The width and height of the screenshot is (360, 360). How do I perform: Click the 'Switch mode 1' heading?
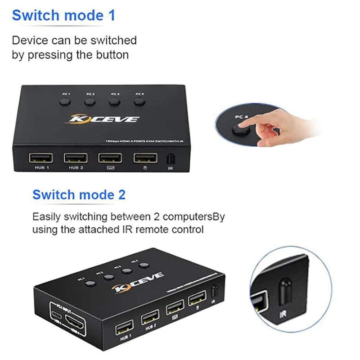click(x=63, y=15)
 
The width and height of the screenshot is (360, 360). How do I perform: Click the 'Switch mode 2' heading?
click(x=79, y=195)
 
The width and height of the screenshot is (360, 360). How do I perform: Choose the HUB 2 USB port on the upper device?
click(x=75, y=158)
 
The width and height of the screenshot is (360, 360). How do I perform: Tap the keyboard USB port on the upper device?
click(x=110, y=158)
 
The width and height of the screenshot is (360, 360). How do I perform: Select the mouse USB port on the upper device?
click(x=145, y=158)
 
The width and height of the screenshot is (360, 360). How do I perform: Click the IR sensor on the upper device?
click(x=171, y=159)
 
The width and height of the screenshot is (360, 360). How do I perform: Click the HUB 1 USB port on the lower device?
click(x=124, y=327)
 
